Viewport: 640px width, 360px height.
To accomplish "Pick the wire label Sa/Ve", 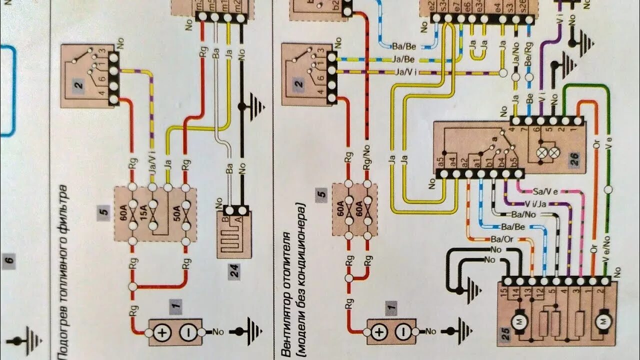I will [545, 191].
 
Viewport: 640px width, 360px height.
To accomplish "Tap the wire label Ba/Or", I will [502, 238].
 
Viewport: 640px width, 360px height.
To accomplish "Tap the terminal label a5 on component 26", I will [441, 161].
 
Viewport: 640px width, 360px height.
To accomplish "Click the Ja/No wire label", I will [515, 60].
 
